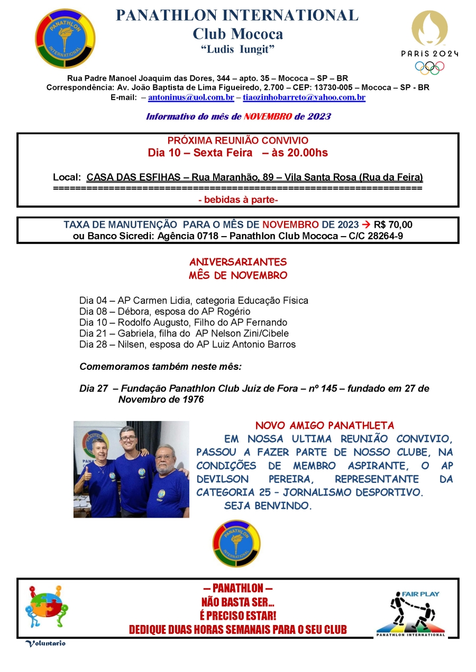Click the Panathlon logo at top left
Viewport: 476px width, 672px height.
65,39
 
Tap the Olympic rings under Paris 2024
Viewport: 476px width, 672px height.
429,68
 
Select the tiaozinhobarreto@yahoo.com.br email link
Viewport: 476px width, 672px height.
304,98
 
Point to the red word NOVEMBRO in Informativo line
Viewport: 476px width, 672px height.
268,116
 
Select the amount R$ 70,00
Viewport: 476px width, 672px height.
393,225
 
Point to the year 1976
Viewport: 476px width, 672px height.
191,399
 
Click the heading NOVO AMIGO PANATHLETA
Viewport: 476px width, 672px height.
325,425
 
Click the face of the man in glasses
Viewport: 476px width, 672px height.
128,437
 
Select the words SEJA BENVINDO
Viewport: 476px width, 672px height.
268,506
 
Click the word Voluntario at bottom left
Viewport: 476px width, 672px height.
45,643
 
